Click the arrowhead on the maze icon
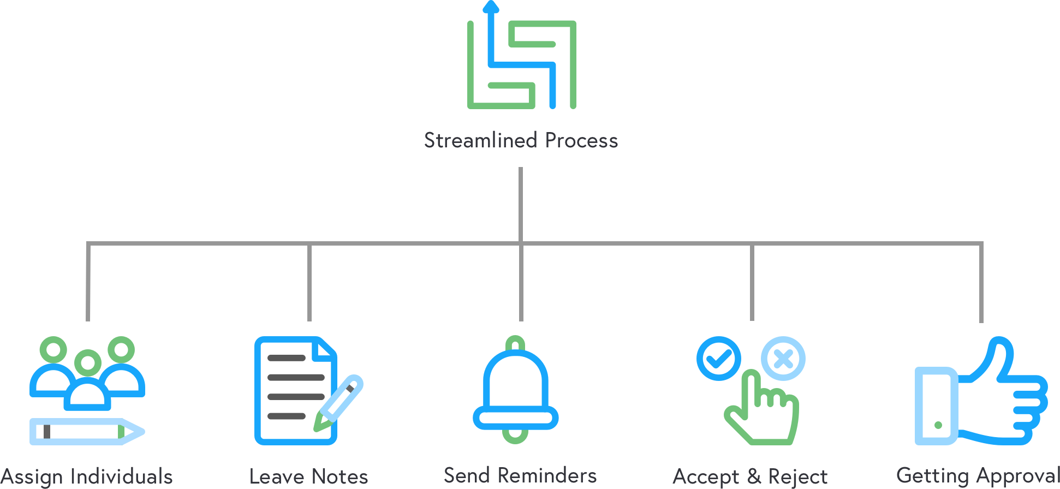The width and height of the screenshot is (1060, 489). coord(491,7)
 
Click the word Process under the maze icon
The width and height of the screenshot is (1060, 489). coord(581,141)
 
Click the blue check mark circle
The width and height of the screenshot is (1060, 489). coord(719,359)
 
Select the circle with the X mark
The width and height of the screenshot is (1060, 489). coord(783,359)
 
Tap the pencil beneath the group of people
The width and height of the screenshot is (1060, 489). coord(87,431)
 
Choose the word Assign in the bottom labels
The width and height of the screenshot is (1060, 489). coord(32,477)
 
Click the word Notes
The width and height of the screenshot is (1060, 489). coord(341,477)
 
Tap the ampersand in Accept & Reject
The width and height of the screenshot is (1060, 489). coord(754,477)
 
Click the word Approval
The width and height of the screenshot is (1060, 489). coord(1019,476)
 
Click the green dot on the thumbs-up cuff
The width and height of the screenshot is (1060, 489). coord(938,425)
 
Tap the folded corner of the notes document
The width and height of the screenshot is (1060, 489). coord(326,348)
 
